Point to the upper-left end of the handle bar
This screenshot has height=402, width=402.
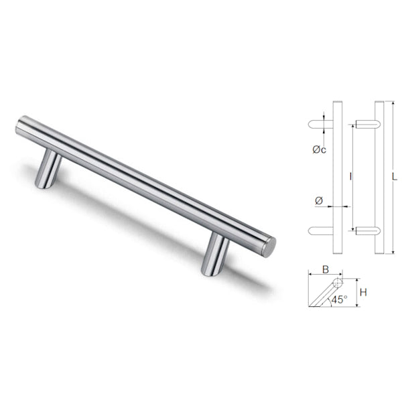(20, 126)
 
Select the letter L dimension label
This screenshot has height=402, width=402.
(395, 177)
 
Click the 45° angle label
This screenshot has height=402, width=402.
(340, 299)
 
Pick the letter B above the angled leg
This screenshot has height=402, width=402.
(325, 270)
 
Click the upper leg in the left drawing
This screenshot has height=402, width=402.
(320, 125)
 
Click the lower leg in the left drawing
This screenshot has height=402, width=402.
(320, 230)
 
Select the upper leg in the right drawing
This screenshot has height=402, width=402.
(367, 125)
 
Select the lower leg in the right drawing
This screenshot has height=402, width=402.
(367, 230)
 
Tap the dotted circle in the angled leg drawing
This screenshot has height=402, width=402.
(337, 283)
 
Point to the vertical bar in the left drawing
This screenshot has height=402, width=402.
(338, 178)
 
